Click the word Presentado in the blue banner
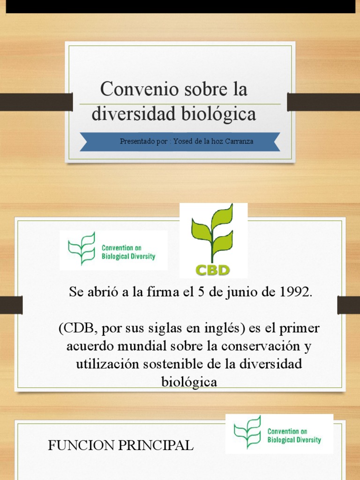pos(137,141)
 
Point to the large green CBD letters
pos(212,270)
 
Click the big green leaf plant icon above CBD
pos(213,232)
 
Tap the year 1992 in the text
pos(293,292)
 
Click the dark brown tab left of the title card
pos(36,102)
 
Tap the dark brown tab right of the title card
pos(323,102)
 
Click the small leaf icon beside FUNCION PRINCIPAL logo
pos(247,432)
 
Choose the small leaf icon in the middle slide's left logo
pos(82,249)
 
